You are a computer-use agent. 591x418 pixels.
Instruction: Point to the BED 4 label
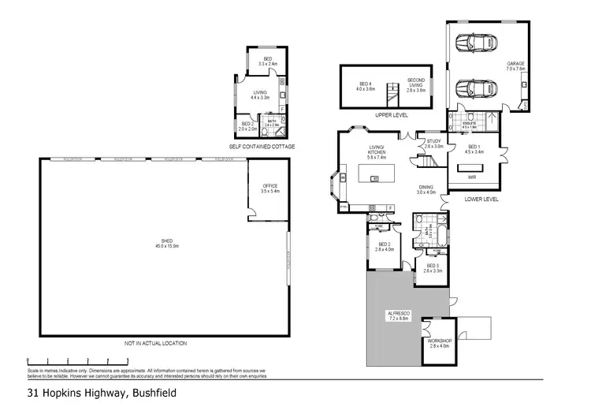click(x=365, y=87)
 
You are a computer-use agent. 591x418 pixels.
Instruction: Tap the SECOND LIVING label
click(x=415, y=84)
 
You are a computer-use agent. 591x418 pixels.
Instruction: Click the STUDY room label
click(x=434, y=144)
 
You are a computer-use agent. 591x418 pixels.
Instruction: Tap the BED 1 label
click(x=474, y=148)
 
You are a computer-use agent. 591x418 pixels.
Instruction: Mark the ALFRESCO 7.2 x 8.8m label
click(x=396, y=316)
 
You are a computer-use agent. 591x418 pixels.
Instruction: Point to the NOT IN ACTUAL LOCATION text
click(x=155, y=343)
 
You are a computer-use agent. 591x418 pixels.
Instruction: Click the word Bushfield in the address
click(x=151, y=393)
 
